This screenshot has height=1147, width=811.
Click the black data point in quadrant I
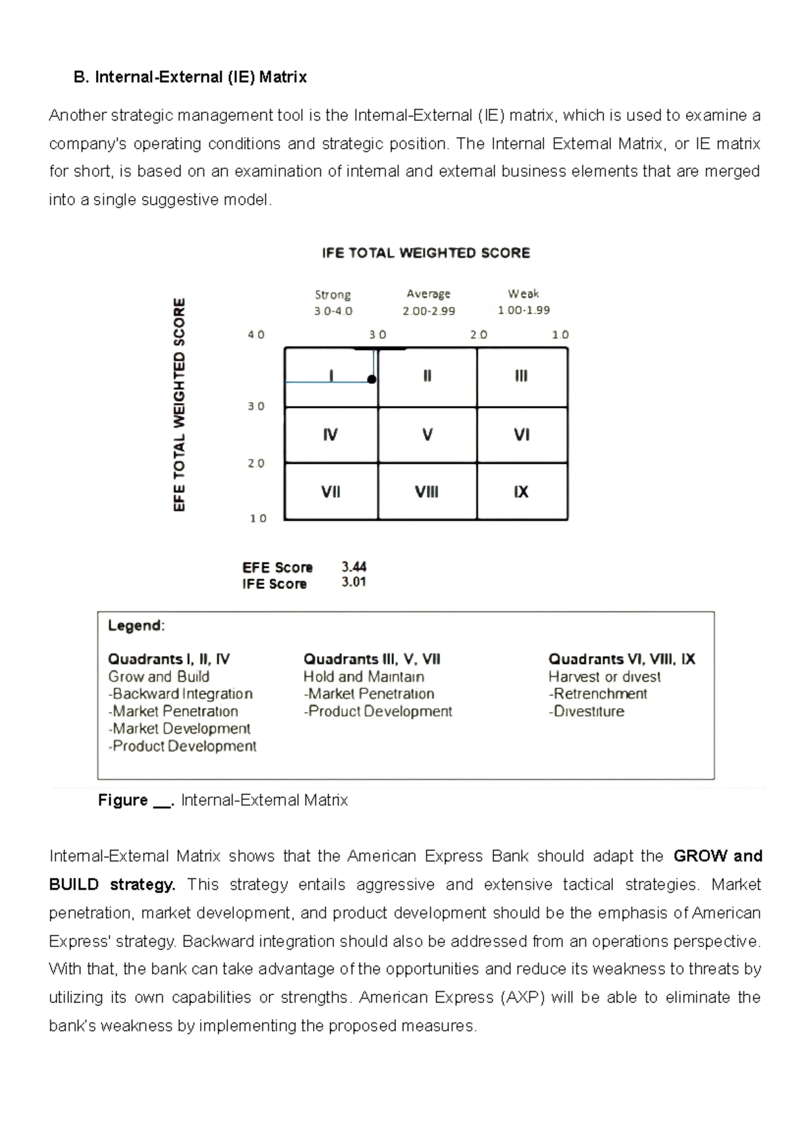(x=372, y=380)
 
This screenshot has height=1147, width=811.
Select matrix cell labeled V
(x=427, y=435)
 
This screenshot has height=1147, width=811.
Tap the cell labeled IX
(x=521, y=492)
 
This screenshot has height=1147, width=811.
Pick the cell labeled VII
(x=330, y=492)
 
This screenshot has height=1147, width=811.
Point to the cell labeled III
(x=521, y=376)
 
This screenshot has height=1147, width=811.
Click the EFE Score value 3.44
(x=354, y=567)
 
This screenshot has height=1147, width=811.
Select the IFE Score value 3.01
(x=354, y=582)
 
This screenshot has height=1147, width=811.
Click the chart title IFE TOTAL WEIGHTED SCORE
(x=426, y=253)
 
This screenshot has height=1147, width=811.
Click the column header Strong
(x=333, y=295)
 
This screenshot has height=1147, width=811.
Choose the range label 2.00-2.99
(x=428, y=311)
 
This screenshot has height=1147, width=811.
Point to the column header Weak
(x=523, y=294)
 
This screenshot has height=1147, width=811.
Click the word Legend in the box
(x=136, y=626)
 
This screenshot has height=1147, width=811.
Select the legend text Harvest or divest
(x=604, y=677)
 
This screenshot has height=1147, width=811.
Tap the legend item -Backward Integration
(x=180, y=694)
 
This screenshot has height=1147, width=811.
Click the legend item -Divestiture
(x=587, y=711)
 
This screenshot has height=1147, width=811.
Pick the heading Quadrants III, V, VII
(x=372, y=659)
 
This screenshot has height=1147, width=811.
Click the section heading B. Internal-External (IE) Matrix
(x=190, y=77)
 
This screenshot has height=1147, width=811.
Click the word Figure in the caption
(x=123, y=800)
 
